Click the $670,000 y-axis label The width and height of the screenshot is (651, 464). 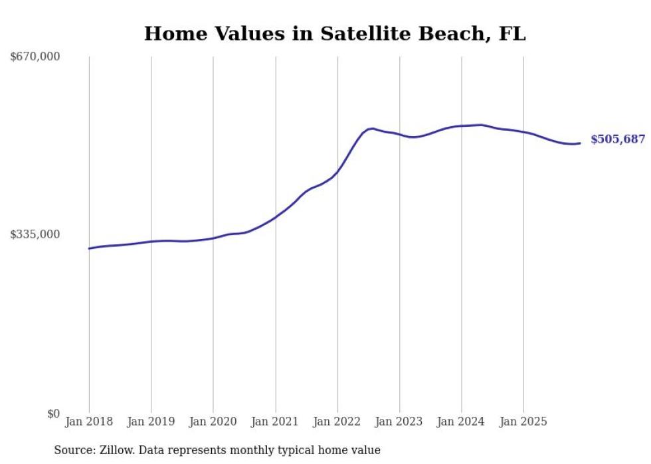pyautogui.click(x=35, y=57)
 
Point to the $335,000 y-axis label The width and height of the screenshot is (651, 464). pyautogui.click(x=35, y=234)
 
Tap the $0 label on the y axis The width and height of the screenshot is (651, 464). pyautogui.click(x=53, y=414)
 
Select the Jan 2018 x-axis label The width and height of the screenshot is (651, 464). pyautogui.click(x=89, y=422)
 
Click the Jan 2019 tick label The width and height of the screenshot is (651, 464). pyautogui.click(x=151, y=422)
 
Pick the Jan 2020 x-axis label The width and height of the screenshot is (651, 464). pyautogui.click(x=213, y=422)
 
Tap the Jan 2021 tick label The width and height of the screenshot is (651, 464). pyautogui.click(x=275, y=422)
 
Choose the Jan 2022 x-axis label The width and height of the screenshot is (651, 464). pyautogui.click(x=337, y=422)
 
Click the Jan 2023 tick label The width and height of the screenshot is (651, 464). pyautogui.click(x=399, y=422)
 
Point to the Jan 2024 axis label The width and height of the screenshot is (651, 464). pyautogui.click(x=462, y=422)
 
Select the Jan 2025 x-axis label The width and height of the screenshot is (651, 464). pyautogui.click(x=523, y=422)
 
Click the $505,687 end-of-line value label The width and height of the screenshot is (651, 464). pyautogui.click(x=618, y=139)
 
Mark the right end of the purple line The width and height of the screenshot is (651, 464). pyautogui.click(x=580, y=143)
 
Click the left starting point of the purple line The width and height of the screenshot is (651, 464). pyautogui.click(x=89, y=248)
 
